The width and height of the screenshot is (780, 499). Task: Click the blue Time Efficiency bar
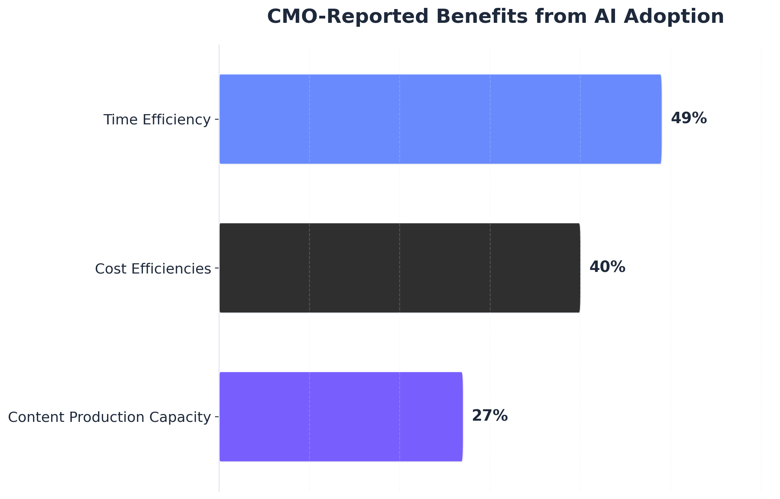click(x=440, y=119)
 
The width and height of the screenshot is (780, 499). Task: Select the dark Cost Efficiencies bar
click(x=400, y=268)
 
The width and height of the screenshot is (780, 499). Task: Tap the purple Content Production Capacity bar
click(x=341, y=417)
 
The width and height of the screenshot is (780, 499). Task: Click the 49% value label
click(x=689, y=118)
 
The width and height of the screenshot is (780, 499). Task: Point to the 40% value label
click(x=607, y=267)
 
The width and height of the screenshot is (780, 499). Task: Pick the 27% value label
click(x=489, y=416)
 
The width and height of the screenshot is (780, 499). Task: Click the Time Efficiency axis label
click(x=157, y=120)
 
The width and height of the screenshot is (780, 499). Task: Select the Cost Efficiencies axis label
click(x=153, y=269)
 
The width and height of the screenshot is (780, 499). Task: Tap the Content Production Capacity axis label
click(x=109, y=418)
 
